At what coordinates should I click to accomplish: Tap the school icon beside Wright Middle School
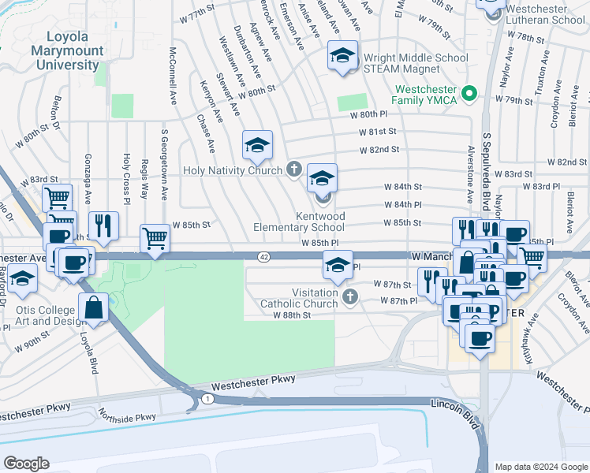click(x=342, y=56)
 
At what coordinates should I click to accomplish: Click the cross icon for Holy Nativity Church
click(x=294, y=169)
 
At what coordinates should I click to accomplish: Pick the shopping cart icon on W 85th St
click(x=155, y=237)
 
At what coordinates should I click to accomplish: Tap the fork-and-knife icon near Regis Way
click(x=103, y=225)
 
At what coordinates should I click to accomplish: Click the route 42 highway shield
click(x=264, y=256)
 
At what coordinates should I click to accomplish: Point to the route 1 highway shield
click(x=206, y=400)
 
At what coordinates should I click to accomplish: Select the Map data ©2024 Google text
click(x=540, y=467)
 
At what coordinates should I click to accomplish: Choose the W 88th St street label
click(x=293, y=315)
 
